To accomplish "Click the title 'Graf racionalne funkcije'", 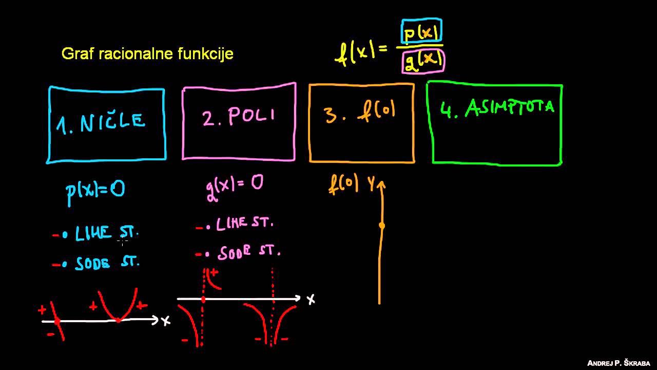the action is (147, 54).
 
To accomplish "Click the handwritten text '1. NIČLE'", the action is (101, 123).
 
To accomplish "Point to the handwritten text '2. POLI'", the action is (239, 116).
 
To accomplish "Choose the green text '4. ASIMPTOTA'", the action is (497, 108).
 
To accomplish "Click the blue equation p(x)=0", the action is (95, 192).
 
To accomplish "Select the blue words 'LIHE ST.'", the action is (107, 233).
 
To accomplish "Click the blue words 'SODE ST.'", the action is (107, 263).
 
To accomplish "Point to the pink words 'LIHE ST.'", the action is (245, 223).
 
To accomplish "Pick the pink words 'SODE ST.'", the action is (249, 252).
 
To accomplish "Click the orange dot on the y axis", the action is (382, 226).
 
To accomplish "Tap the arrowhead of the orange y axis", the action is (381, 184).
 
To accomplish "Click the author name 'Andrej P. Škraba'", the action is (619, 363).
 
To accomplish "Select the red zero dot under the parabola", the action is (118, 320).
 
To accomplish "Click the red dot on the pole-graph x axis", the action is (203, 300).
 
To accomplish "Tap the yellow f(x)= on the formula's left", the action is (361, 53).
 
